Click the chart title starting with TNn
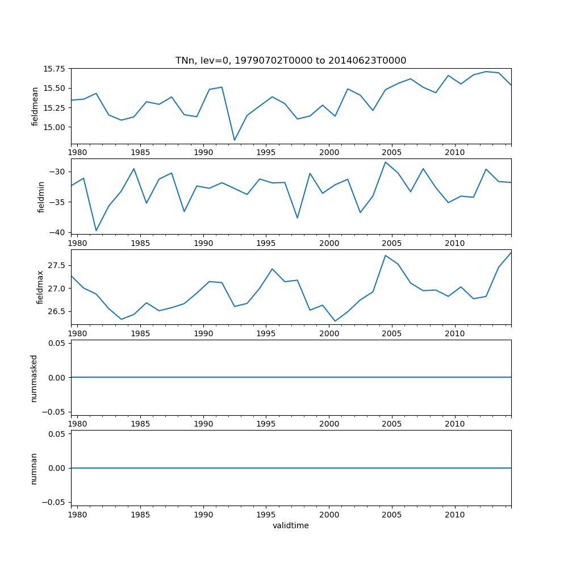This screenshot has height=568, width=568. point(290,61)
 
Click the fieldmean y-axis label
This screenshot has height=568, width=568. point(35,106)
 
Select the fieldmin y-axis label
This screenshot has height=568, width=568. point(41,197)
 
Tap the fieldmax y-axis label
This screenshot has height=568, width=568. point(40,287)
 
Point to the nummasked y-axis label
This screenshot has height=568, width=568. point(34,378)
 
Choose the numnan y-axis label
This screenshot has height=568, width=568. point(34,468)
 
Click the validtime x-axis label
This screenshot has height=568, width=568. point(290,525)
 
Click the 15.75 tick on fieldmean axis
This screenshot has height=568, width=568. point(55,69)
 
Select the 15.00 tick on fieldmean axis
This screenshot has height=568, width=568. point(55,127)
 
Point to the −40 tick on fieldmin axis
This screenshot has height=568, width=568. point(58,232)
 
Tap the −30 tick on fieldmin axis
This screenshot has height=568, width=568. point(58,172)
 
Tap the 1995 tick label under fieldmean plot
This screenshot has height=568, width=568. point(266,152)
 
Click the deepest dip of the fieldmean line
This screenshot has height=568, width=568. point(234,140)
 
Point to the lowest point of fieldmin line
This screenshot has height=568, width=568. point(96,231)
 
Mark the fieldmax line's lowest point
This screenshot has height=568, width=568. point(335,321)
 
